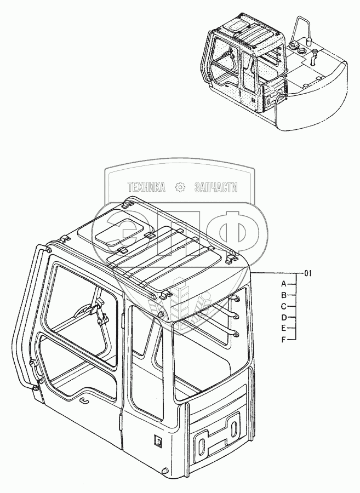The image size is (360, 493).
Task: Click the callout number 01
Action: (307, 273)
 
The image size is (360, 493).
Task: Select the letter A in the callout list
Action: (284, 284)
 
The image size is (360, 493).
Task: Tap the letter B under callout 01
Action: (284, 295)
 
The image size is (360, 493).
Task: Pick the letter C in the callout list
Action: (284, 306)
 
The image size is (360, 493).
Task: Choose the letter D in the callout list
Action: (284, 318)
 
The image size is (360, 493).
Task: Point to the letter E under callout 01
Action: (284, 329)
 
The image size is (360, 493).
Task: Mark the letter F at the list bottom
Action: (284, 340)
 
